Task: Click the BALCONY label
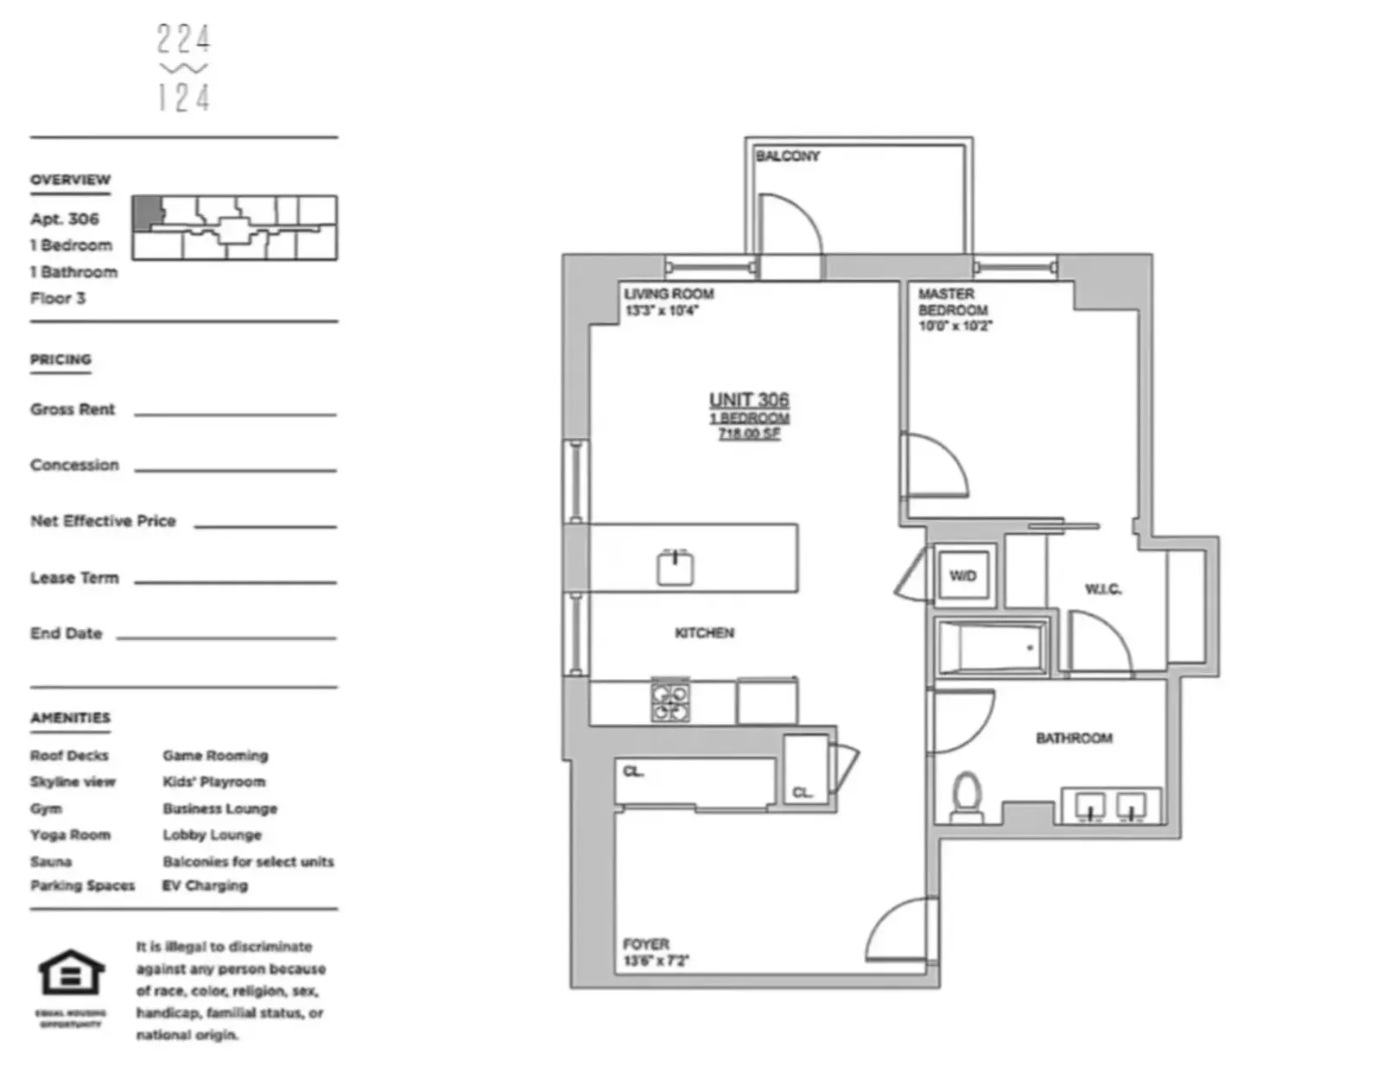(x=787, y=156)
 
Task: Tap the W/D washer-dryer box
(x=963, y=576)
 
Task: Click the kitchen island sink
(x=676, y=568)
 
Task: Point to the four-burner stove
(x=670, y=701)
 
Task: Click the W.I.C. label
(x=1103, y=589)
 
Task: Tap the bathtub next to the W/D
(x=991, y=647)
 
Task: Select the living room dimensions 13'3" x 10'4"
(x=661, y=311)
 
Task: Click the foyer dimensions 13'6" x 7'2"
(x=656, y=961)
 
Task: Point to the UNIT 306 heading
(x=749, y=400)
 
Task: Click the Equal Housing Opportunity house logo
(x=71, y=974)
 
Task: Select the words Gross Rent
(x=73, y=409)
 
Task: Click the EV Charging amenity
(x=205, y=885)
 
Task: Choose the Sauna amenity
(x=51, y=861)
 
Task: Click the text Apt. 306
(x=65, y=219)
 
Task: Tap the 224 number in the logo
(x=183, y=39)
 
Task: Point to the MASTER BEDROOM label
(x=952, y=301)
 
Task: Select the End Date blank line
(x=225, y=638)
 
